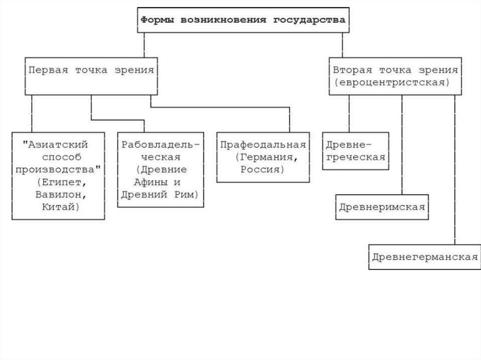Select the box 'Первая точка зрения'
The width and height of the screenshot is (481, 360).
[x=91, y=76]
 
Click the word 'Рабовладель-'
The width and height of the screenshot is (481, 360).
[x=161, y=145]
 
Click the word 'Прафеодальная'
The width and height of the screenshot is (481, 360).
[x=263, y=145]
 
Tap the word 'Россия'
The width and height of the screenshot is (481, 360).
[x=263, y=169]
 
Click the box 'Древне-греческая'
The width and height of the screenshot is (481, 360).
[x=356, y=151]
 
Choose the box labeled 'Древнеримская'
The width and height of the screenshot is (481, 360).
[x=382, y=207]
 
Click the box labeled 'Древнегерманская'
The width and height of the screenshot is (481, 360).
[x=425, y=256]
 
